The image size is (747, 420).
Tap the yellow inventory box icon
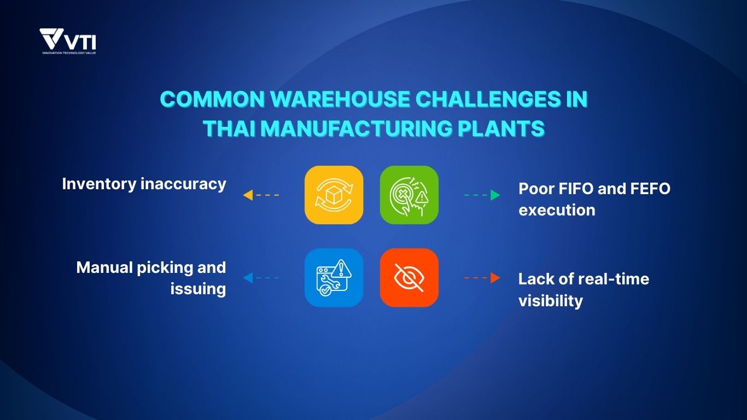334,195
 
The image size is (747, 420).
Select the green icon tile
409,195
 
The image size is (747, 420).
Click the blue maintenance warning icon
334,278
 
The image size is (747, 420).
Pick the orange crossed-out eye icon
409,278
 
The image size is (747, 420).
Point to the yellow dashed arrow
261,195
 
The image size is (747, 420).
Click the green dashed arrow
482,195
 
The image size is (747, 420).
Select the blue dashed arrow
261,278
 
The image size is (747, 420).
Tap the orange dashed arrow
482,278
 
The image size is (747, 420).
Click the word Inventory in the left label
100,184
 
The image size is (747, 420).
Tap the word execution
557,209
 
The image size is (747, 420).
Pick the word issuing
198,288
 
